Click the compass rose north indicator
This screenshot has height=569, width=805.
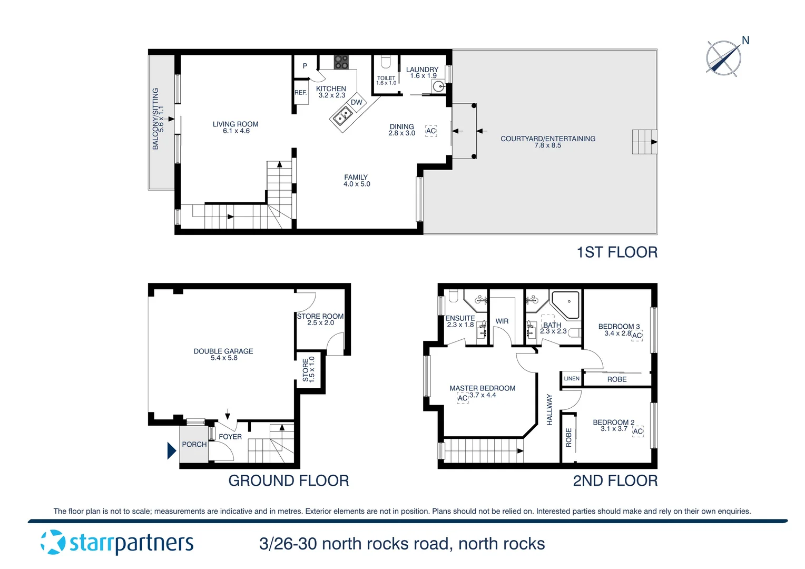coord(724,57)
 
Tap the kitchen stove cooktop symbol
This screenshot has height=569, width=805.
coord(341,62)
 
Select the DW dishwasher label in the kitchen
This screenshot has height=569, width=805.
coord(357,102)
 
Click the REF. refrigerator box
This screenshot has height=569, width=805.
coord(301,92)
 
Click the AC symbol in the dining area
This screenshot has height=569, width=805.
coord(431,131)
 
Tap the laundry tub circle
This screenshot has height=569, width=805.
coord(438,87)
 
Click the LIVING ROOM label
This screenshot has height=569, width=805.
coord(235,124)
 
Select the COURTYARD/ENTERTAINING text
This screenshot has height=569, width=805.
coord(548,139)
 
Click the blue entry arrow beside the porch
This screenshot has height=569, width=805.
coord(171,450)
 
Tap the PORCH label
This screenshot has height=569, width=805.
coord(194,444)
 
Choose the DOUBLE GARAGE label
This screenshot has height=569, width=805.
coord(223,351)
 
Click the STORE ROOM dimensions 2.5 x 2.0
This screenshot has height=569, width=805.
coord(320,323)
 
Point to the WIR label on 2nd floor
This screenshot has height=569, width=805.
coord(502,321)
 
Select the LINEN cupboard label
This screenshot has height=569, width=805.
coord(572,378)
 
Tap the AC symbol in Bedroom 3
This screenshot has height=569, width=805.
coord(637,336)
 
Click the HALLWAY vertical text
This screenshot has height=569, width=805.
coord(549,409)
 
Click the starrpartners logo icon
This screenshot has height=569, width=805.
coord(53,542)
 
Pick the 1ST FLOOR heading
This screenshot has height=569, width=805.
coord(617,252)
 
